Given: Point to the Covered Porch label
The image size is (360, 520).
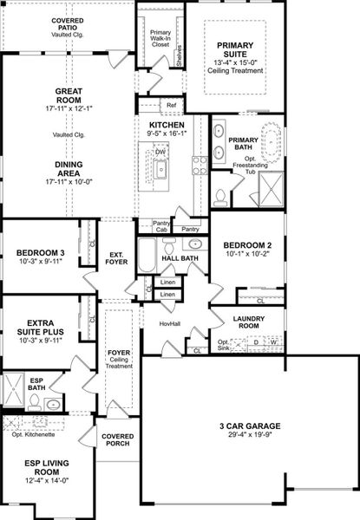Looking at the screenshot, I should [x=118, y=439].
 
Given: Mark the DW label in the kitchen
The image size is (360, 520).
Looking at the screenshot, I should [x=160, y=153].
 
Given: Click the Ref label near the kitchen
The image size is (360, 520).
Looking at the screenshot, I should [x=171, y=107].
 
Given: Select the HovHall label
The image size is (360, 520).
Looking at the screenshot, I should [x=169, y=324].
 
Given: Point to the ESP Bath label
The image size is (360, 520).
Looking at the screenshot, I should [x=36, y=382].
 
